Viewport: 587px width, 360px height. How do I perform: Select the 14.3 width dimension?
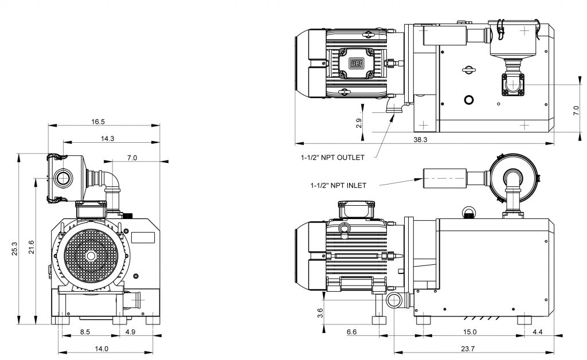tap(107, 138)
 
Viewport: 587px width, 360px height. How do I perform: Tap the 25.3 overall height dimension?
tap(15, 249)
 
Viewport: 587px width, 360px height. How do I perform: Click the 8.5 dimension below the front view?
tap(84, 332)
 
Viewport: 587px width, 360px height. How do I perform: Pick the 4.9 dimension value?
tap(131, 332)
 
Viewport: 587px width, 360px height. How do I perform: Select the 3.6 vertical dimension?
tap(320, 313)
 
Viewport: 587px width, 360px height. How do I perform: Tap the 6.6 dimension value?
tap(352, 332)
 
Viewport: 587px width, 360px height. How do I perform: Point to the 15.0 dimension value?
tap(471, 332)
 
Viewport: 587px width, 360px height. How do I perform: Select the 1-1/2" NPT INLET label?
tap(338, 185)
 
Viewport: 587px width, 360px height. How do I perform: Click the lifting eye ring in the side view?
tap(469, 213)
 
